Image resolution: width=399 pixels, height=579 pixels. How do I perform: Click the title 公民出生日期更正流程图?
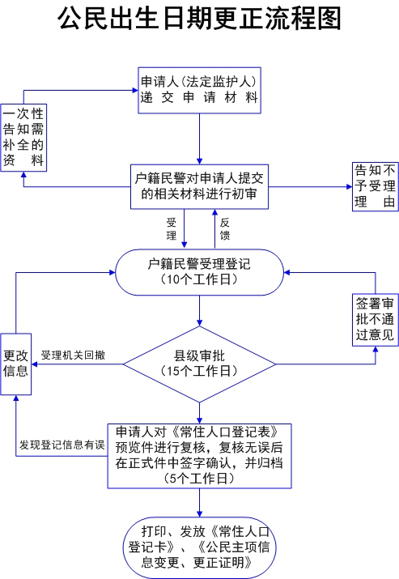click(x=199, y=18)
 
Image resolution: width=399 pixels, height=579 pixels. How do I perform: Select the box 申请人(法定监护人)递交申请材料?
click(x=199, y=90)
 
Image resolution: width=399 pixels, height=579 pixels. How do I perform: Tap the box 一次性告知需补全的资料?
click(x=23, y=138)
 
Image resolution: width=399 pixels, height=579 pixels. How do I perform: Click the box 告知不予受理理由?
click(x=376, y=186)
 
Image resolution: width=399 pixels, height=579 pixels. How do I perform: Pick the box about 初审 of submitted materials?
click(x=199, y=187)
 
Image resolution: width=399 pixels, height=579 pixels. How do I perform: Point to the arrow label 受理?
click(x=172, y=229)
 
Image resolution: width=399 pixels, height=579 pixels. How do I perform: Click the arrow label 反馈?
click(x=225, y=229)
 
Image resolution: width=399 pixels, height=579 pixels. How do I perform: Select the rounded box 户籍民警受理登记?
click(x=199, y=272)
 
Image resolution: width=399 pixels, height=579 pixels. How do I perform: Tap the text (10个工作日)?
click(x=199, y=279)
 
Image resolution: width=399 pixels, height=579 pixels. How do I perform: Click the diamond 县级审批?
click(x=199, y=364)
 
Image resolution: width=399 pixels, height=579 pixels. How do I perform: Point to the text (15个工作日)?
click(x=199, y=371)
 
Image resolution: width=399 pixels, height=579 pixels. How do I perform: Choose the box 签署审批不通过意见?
click(x=376, y=320)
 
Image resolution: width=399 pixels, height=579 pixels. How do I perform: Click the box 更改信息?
click(x=16, y=364)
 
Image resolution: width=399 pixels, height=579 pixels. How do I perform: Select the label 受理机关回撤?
click(x=73, y=355)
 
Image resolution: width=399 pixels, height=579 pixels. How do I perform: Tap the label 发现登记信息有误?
click(x=62, y=445)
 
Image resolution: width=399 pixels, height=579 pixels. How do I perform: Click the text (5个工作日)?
click(x=199, y=479)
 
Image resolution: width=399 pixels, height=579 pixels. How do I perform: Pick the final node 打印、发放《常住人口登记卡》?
click(x=199, y=547)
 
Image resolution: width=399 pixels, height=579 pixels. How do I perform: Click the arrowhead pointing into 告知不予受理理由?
click(x=349, y=187)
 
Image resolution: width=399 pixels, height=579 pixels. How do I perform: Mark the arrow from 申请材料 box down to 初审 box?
click(x=199, y=138)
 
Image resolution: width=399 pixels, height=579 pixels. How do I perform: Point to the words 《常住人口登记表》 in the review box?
click(x=225, y=432)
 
